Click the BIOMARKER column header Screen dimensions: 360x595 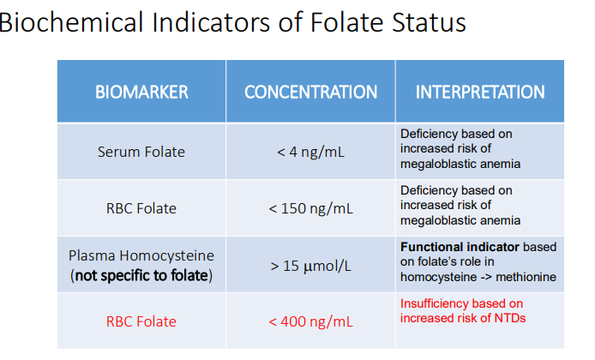pos(141,92)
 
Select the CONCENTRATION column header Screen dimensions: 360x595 pos(310,92)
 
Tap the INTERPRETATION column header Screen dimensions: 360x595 pos(479,92)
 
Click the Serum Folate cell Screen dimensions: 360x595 pos(141,152)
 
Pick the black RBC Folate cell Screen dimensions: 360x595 pos(141,208)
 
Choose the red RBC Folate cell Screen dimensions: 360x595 pos(141,321)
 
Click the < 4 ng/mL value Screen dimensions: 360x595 pos(310,152)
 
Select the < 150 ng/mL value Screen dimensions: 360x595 pos(310,208)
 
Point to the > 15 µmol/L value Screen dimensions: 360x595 pos(310,265)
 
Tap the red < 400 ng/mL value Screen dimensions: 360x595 pos(310,321)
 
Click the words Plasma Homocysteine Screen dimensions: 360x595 pos(141,255)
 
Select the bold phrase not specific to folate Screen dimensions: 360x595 pos(144,275)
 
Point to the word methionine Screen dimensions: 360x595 pos(527,277)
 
